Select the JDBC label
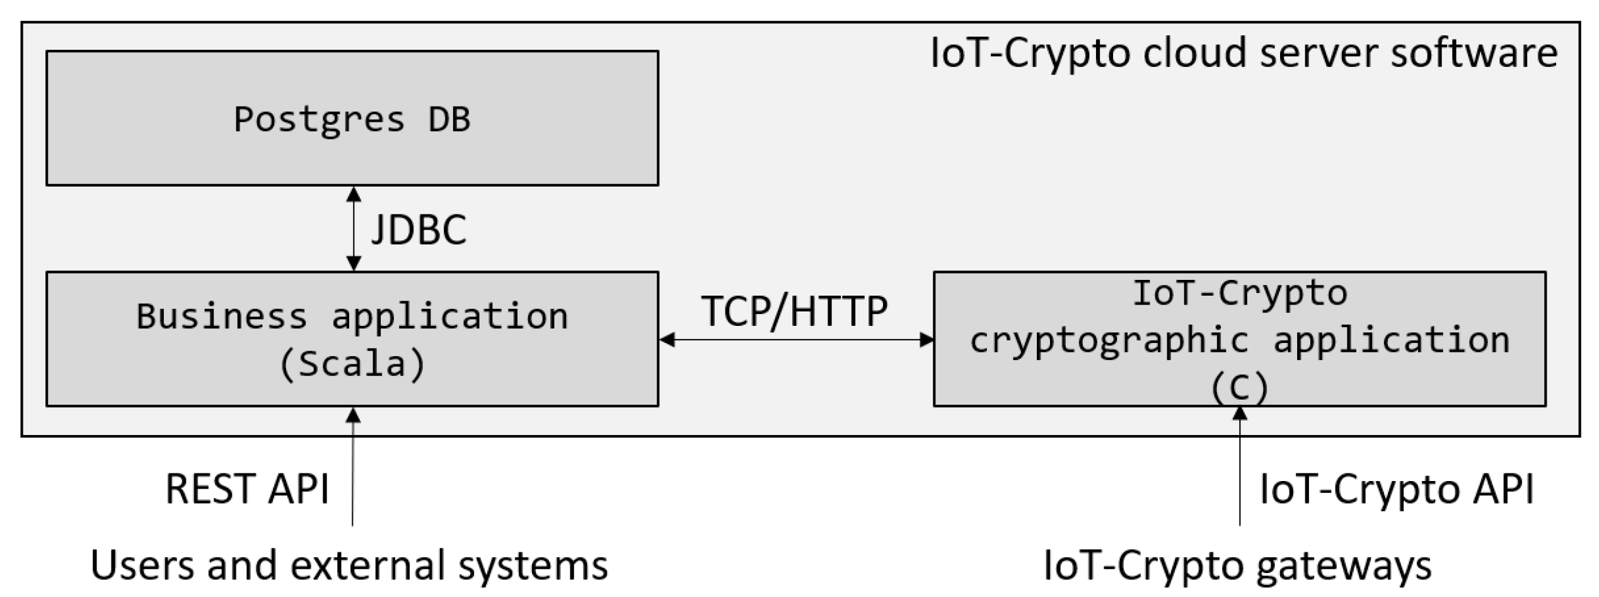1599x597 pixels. pyautogui.click(x=419, y=229)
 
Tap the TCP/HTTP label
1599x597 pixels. pyautogui.click(x=795, y=311)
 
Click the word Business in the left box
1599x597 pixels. pyautogui.click(x=222, y=316)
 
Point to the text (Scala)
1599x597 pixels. pyautogui.click(x=352, y=364)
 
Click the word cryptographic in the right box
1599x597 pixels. pyautogui.click(x=1109, y=341)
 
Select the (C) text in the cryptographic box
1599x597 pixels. pyautogui.click(x=1239, y=388)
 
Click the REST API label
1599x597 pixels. pyautogui.click(x=247, y=489)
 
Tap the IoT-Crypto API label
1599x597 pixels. pyautogui.click(x=1397, y=489)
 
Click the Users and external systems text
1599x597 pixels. pyautogui.click(x=349, y=564)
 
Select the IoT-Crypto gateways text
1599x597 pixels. pyautogui.click(x=1238, y=564)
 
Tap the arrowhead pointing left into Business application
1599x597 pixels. pyautogui.click(x=667, y=340)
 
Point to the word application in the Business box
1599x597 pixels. pyautogui.click(x=449, y=316)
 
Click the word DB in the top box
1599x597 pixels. pyautogui.click(x=449, y=119)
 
